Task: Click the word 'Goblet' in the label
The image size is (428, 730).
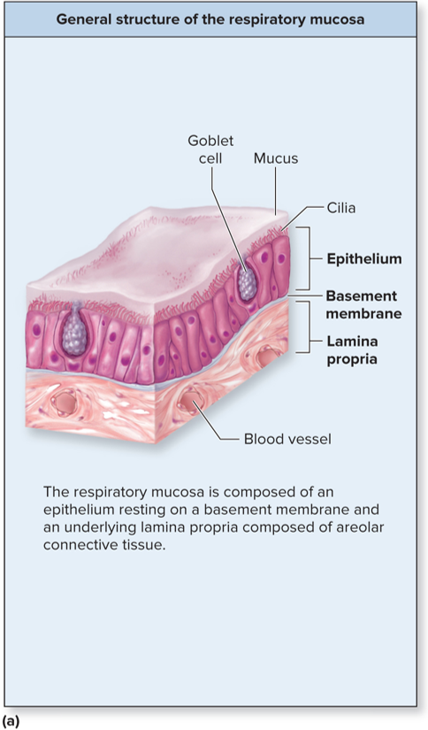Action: pyautogui.click(x=210, y=141)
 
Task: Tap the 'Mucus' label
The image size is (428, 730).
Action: pyautogui.click(x=276, y=158)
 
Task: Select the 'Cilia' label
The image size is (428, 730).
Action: pyautogui.click(x=341, y=208)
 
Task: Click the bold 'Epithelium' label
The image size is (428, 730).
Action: pyautogui.click(x=364, y=258)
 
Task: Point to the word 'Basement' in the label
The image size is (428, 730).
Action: pyautogui.click(x=362, y=296)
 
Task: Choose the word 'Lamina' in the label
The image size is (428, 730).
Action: pyautogui.click(x=352, y=342)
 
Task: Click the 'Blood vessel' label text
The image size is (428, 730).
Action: pyautogui.click(x=287, y=439)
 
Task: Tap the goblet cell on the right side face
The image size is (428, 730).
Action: pyautogui.click(x=247, y=282)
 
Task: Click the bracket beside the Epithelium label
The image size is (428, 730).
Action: pyautogui.click(x=308, y=258)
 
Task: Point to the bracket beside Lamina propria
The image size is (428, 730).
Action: pyautogui.click(x=308, y=327)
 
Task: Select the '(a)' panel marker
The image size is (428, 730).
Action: pyautogui.click(x=10, y=722)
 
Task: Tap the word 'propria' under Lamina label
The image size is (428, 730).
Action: pyautogui.click(x=352, y=360)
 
